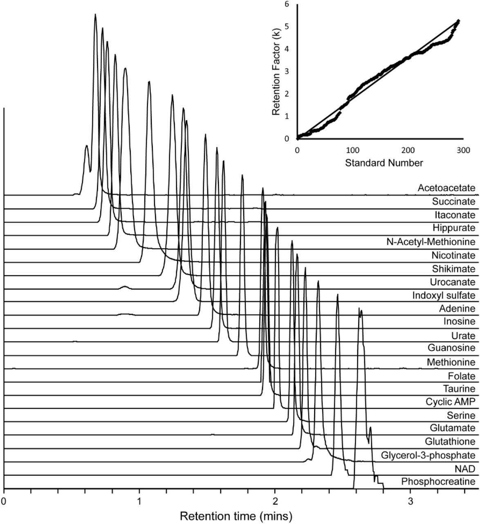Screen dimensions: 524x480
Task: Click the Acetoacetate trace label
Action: tap(446, 188)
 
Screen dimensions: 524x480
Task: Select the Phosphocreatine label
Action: tap(438, 481)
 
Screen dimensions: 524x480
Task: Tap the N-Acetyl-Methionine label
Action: tap(431, 242)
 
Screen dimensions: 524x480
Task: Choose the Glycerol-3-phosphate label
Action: tap(428, 455)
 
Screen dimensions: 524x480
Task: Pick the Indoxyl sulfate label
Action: tap(444, 295)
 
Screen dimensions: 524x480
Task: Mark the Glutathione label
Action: tap(450, 442)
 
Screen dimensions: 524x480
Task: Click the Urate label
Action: tap(463, 336)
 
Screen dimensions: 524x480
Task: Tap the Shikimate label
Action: tap(454, 269)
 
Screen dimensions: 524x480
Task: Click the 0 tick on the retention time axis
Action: tap(4, 501)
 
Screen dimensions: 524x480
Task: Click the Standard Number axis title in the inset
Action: tap(384, 163)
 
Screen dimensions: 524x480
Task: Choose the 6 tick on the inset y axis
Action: tap(287, 4)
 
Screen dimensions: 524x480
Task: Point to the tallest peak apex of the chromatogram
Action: tap(95, 14)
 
